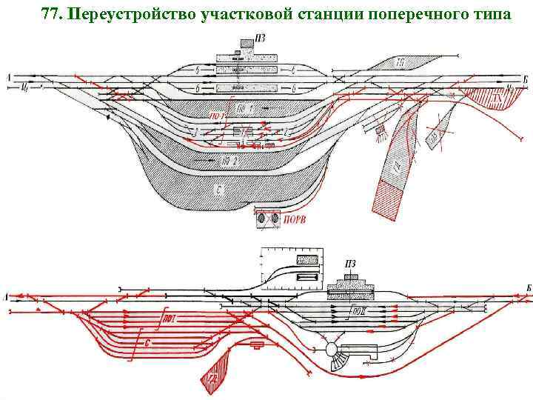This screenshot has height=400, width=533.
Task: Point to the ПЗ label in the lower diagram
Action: coord(351,263)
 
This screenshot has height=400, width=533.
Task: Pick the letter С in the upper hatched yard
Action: coord(219,190)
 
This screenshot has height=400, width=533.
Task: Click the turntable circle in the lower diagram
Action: coord(331,349)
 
